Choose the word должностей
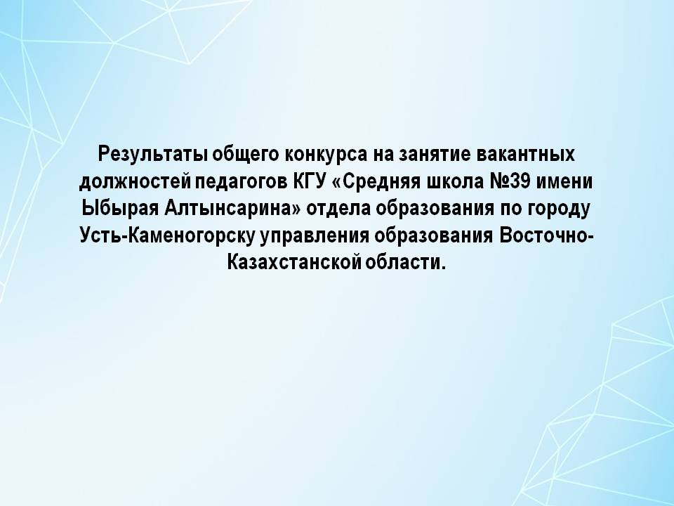(135, 183)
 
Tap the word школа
(454, 181)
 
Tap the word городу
(559, 209)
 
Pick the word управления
(315, 237)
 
